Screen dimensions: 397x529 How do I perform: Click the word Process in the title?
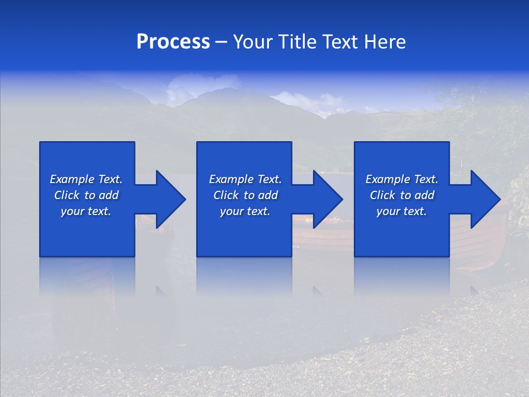point(173,42)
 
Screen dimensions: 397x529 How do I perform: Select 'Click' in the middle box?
point(226,195)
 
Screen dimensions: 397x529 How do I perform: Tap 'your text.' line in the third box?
point(402,211)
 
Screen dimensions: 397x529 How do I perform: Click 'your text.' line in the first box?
point(86,211)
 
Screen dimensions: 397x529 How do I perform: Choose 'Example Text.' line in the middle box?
point(245,179)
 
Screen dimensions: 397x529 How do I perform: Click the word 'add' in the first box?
point(109,195)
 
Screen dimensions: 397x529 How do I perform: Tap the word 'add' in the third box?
point(425,195)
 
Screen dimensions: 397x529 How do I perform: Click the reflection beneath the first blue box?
point(87,276)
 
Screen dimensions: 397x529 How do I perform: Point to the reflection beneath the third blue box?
point(402,276)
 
